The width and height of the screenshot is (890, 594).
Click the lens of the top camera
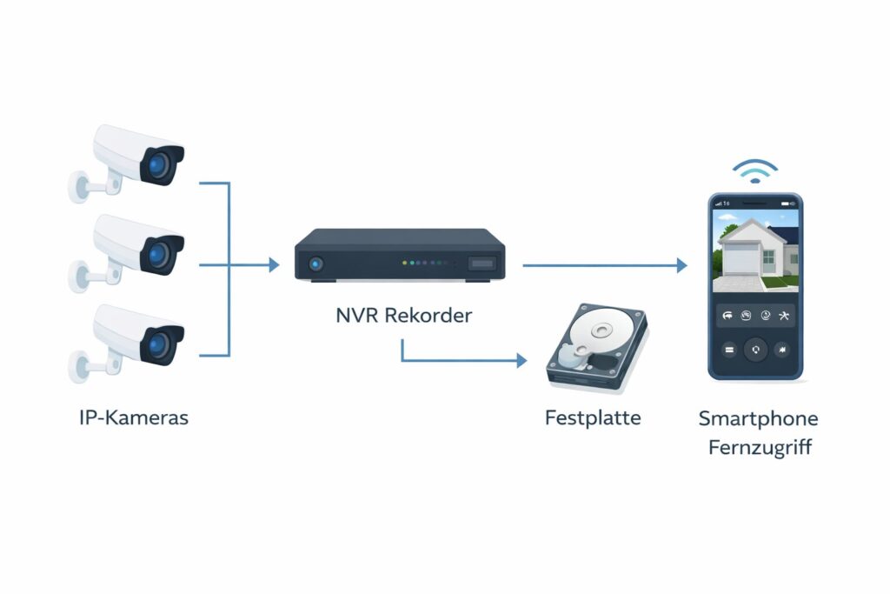[159, 165]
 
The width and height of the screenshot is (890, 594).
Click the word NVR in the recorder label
[357, 315]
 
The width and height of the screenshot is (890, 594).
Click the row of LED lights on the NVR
[423, 263]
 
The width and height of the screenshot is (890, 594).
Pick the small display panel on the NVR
[482, 263]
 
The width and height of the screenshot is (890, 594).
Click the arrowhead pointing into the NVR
[274, 265]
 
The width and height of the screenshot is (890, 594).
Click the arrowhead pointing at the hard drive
[521, 360]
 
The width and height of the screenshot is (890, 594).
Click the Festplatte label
[593, 417]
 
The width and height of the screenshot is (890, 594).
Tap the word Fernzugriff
[758, 450]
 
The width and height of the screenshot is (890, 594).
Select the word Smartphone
[758, 419]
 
